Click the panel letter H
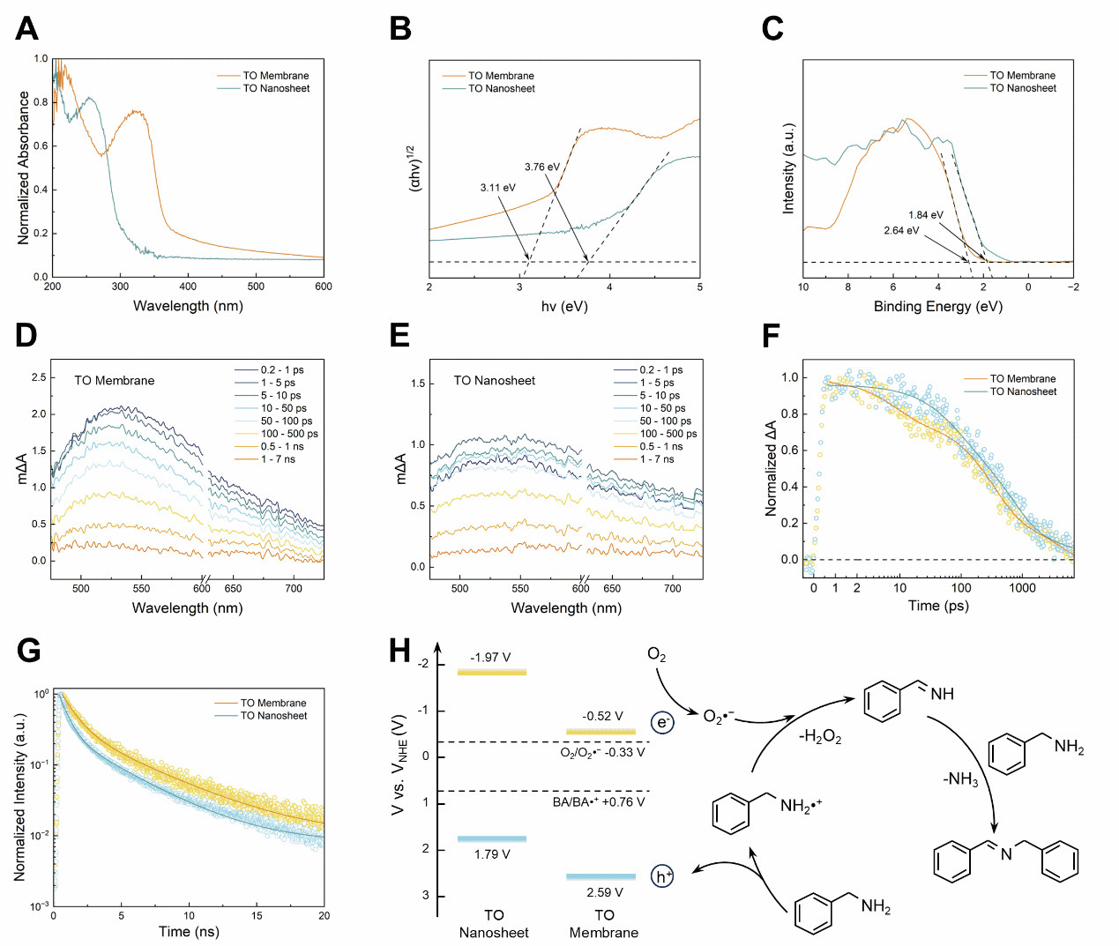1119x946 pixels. click(399, 652)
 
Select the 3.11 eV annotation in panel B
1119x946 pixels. click(497, 188)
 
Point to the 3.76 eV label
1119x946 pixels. click(541, 167)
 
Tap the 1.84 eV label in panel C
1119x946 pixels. click(925, 215)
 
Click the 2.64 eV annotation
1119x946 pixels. click(901, 231)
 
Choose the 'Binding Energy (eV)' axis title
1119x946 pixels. click(937, 307)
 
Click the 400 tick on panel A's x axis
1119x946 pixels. click(188, 287)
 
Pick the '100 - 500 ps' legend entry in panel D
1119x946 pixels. click(288, 434)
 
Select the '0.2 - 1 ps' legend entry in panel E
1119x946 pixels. click(660, 370)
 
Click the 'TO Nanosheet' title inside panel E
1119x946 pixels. click(494, 381)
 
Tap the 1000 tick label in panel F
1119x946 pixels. click(1022, 588)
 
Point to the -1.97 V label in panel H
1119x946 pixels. click(490, 658)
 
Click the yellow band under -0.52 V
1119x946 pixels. click(601, 732)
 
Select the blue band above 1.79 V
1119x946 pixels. click(491, 838)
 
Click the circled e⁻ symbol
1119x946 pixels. click(662, 723)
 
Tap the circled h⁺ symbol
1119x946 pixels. click(662, 876)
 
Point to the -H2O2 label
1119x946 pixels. click(819, 737)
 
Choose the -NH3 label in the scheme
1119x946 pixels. click(959, 779)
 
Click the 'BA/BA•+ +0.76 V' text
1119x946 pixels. click(598, 802)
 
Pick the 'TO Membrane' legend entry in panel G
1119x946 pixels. click(273, 704)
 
